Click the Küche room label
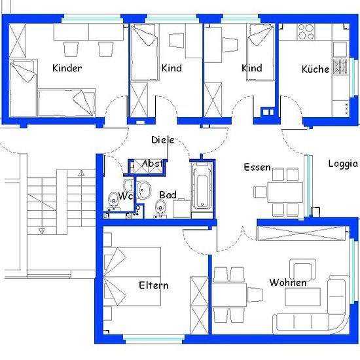(x=315, y=69)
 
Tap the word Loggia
(x=343, y=164)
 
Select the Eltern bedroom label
(x=154, y=285)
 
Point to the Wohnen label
(x=288, y=282)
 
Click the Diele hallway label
(x=162, y=140)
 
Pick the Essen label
(x=257, y=167)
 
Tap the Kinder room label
(x=67, y=68)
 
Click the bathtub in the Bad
(x=202, y=186)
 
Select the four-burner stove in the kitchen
(x=306, y=31)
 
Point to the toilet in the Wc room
(x=113, y=199)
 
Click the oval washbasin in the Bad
(x=144, y=190)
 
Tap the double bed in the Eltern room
(x=132, y=276)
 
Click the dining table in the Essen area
(x=285, y=192)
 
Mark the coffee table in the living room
(x=302, y=297)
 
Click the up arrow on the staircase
(x=81, y=173)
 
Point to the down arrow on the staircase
(x=41, y=231)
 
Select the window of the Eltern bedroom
(x=154, y=338)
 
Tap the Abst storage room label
(x=153, y=164)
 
